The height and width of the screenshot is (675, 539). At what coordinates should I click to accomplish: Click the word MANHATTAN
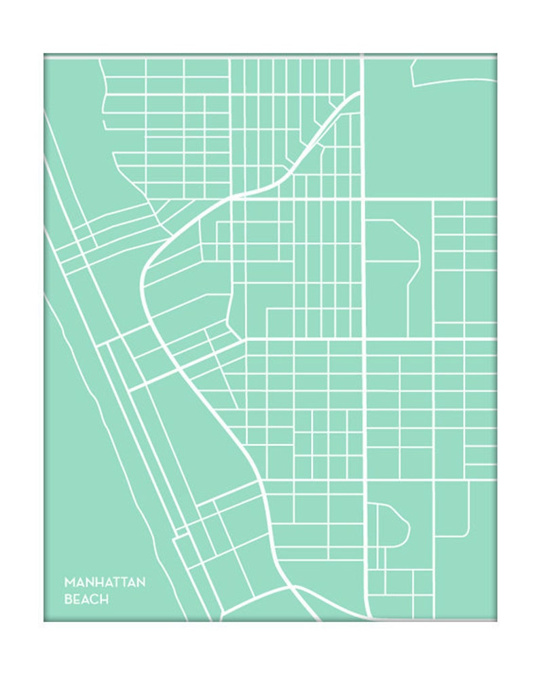pyautogui.click(x=105, y=583)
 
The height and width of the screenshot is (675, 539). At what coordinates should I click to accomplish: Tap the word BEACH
pyautogui.click(x=86, y=600)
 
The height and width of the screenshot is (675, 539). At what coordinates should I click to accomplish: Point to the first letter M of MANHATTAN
pyautogui.click(x=69, y=583)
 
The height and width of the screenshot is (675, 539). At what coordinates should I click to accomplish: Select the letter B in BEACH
pyautogui.click(x=67, y=600)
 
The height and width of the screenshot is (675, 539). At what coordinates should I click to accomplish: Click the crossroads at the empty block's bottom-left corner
pyautogui.click(x=365, y=199)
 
